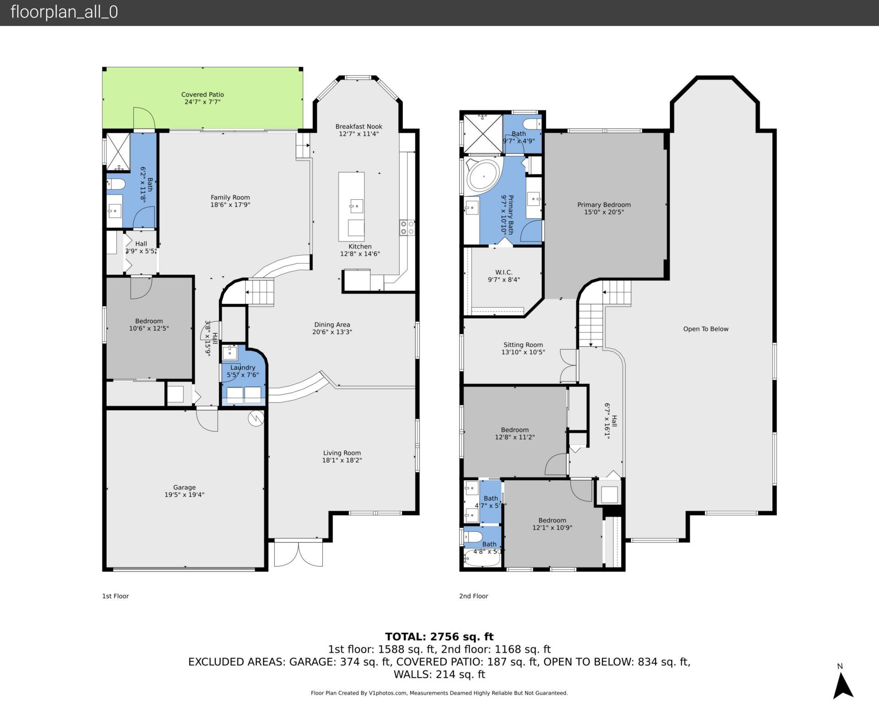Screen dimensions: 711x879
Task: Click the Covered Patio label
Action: click(x=202, y=94)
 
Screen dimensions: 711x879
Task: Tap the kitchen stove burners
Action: click(x=407, y=228)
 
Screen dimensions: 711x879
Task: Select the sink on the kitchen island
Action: click(x=356, y=206)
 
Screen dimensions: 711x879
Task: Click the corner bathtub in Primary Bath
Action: click(x=483, y=176)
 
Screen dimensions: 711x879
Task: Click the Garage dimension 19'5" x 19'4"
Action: click(x=184, y=495)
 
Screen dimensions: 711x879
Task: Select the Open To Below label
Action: click(x=705, y=329)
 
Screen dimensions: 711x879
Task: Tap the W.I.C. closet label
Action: click(x=504, y=272)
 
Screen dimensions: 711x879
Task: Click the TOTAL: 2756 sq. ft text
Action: click(x=439, y=636)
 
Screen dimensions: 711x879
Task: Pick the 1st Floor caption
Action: click(x=115, y=596)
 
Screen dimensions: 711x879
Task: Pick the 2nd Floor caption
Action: click(x=473, y=596)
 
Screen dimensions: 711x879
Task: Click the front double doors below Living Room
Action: click(x=298, y=554)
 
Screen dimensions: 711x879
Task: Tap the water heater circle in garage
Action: click(x=256, y=418)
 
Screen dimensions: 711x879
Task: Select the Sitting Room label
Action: click(x=523, y=345)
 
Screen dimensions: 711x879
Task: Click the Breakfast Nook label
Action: click(x=358, y=126)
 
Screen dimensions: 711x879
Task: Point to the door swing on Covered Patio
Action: click(x=144, y=118)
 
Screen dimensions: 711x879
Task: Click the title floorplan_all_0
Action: click(x=64, y=12)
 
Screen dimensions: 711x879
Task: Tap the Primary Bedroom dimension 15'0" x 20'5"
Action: click(x=604, y=212)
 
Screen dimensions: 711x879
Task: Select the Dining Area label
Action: click(x=332, y=325)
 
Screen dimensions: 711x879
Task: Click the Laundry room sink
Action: click(x=229, y=353)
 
